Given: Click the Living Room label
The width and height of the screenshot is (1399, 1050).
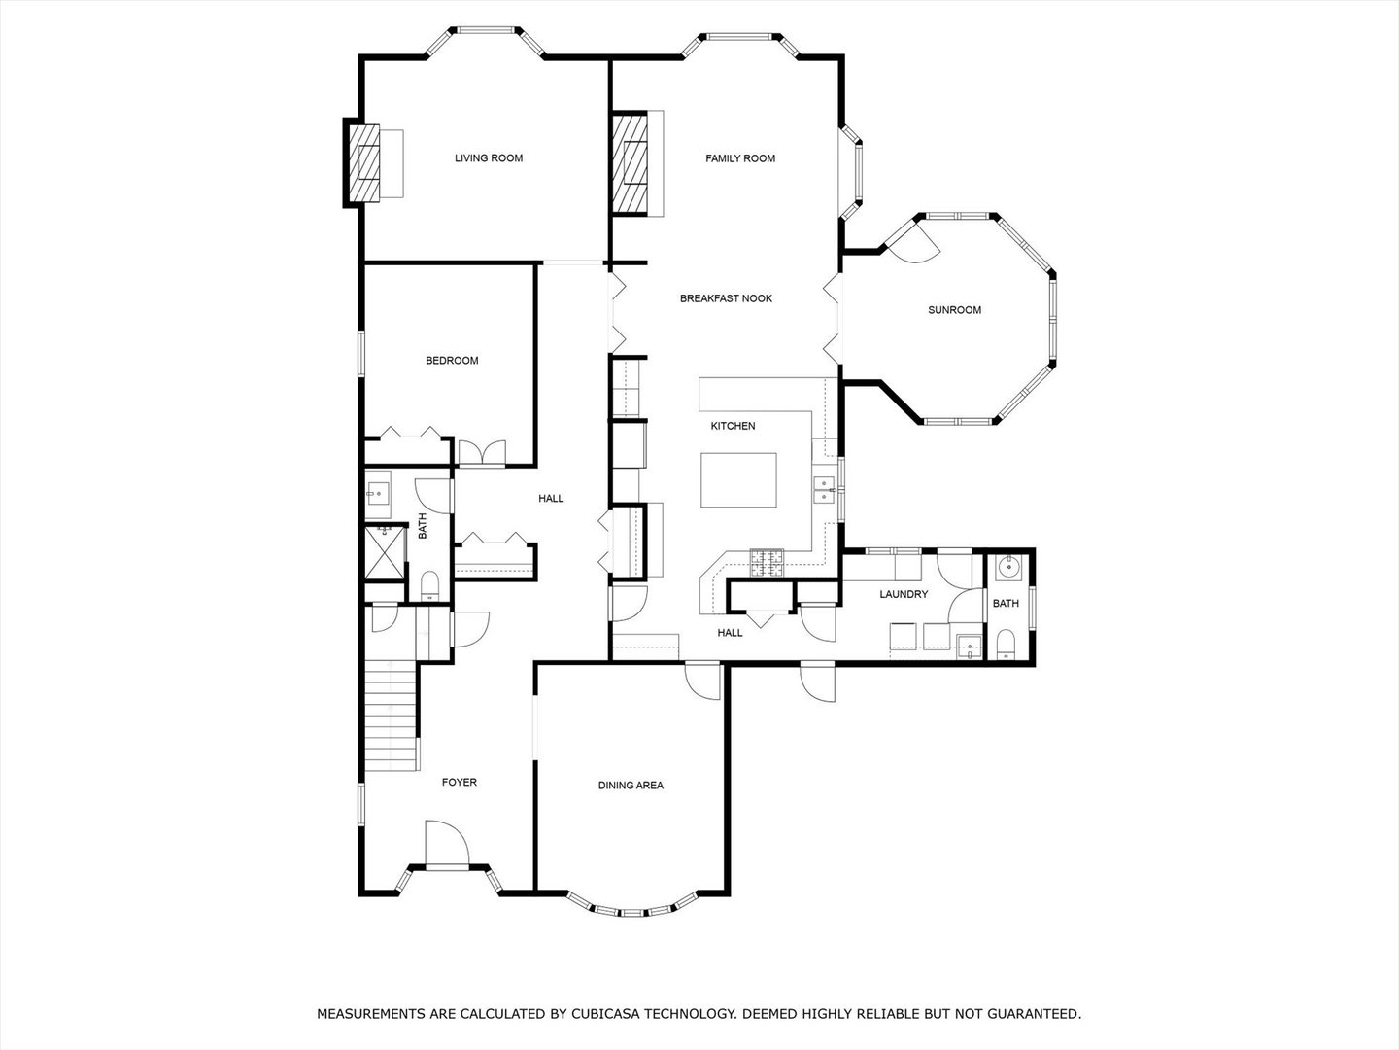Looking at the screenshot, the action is pyautogui.click(x=489, y=158).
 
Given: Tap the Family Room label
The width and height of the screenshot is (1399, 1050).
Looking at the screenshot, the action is pyautogui.click(x=740, y=158).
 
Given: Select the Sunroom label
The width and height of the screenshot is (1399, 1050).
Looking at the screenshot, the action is pyautogui.click(x=954, y=310).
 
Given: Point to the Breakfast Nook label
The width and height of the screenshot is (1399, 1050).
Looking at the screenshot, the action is pyautogui.click(x=726, y=298).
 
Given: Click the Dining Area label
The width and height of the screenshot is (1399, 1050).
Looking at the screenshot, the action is pyautogui.click(x=631, y=786).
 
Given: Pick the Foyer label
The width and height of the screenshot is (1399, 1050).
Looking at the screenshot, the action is pyautogui.click(x=459, y=783).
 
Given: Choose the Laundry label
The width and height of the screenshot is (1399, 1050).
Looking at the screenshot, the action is pyautogui.click(x=904, y=594).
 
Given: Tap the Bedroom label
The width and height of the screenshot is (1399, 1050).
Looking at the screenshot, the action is pyautogui.click(x=452, y=360).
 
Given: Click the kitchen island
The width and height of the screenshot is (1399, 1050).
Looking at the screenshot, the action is pyautogui.click(x=738, y=480).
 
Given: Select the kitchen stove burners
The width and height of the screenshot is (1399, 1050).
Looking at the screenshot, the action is pyautogui.click(x=768, y=563).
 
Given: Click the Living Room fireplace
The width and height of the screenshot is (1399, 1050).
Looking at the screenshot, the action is pyautogui.click(x=364, y=162).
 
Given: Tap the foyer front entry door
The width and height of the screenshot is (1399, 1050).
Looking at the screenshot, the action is pyautogui.click(x=447, y=844).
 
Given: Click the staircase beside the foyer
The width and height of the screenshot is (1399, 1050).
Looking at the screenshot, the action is pyautogui.click(x=391, y=716).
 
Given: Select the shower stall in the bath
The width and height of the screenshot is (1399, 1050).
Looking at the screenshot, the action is pyautogui.click(x=385, y=552).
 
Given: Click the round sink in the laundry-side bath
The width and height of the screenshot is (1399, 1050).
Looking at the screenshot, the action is pyautogui.click(x=1010, y=566).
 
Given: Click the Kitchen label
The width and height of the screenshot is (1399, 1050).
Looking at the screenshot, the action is pyautogui.click(x=733, y=426).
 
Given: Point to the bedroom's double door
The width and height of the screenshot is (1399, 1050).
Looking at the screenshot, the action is pyautogui.click(x=483, y=453).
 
